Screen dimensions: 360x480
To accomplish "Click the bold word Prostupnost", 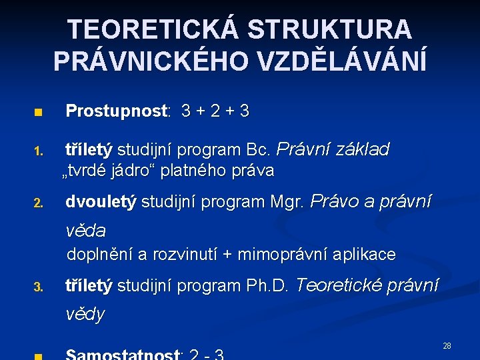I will pyautogui.click(x=117, y=111).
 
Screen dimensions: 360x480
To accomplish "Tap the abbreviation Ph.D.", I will pyautogui.click(x=267, y=286).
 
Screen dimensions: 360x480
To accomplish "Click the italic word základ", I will pyautogui.click(x=360, y=150).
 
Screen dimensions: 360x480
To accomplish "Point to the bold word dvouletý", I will pyautogui.click(x=101, y=201).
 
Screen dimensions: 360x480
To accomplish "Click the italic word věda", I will pyautogui.click(x=85, y=231).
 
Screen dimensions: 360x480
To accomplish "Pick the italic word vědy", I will pyautogui.click(x=85, y=314).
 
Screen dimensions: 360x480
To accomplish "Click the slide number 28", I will pyautogui.click(x=447, y=346).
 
